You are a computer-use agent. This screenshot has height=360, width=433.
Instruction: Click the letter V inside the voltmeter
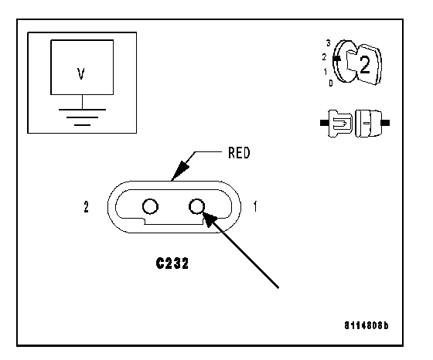(x=81, y=73)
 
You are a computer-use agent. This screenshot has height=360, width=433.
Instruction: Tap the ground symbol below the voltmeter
(x=82, y=117)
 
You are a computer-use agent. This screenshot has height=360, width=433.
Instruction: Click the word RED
(x=239, y=152)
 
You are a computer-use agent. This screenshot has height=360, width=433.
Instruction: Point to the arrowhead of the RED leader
(x=179, y=171)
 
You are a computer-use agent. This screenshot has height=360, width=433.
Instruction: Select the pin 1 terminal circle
(x=197, y=206)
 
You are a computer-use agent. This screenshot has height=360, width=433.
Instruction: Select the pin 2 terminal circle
(x=150, y=206)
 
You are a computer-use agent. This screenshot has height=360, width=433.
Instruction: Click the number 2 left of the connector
(x=86, y=206)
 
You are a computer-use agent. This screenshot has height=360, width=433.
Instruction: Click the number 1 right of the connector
(x=255, y=206)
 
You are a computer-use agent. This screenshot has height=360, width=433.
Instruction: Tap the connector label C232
(x=172, y=263)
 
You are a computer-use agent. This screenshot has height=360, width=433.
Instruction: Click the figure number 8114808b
(x=367, y=325)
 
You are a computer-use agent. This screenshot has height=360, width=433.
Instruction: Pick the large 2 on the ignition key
(x=365, y=65)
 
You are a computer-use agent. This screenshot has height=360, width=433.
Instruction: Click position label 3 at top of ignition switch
(x=328, y=43)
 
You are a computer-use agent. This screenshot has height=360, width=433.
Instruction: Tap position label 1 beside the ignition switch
(x=326, y=72)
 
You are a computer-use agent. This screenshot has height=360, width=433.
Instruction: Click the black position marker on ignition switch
(x=336, y=59)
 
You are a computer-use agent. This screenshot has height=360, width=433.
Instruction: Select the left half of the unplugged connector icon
(x=340, y=123)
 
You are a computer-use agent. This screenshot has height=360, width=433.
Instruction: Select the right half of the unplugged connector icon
(x=368, y=124)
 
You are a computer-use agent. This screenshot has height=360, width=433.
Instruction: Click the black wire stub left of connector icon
(x=324, y=123)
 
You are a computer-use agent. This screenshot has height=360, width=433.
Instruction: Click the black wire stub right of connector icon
(x=386, y=123)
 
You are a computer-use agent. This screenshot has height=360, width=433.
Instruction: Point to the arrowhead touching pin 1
(x=210, y=219)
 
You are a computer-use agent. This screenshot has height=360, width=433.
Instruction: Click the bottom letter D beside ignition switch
(x=331, y=83)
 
